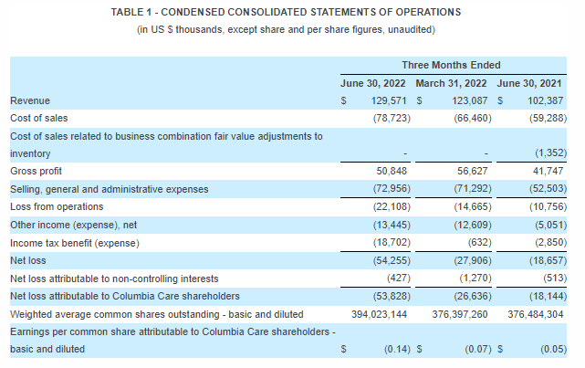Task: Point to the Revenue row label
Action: click(x=30, y=100)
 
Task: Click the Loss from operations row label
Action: click(x=54, y=206)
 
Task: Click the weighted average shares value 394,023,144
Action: click(x=376, y=313)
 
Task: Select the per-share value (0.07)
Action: click(x=476, y=349)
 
